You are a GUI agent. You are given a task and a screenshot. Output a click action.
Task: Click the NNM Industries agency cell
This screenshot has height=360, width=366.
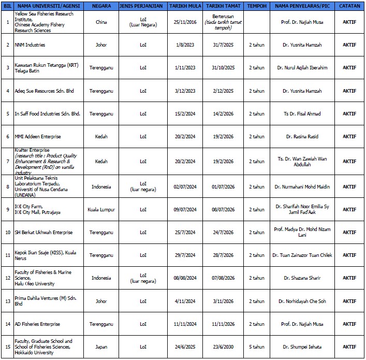30,45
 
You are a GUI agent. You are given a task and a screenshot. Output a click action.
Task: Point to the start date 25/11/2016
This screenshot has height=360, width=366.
185,22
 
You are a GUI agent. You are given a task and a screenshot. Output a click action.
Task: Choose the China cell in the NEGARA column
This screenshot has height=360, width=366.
101,22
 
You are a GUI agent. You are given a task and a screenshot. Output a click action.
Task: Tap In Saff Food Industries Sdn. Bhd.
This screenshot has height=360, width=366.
47,113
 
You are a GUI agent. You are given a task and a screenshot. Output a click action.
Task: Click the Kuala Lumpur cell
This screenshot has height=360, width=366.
101,209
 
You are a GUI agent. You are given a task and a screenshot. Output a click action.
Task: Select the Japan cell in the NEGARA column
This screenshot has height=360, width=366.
101,346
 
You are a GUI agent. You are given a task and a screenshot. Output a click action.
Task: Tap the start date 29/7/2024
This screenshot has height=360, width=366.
185,255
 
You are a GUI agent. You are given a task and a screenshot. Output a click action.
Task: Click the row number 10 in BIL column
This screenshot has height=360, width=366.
7,232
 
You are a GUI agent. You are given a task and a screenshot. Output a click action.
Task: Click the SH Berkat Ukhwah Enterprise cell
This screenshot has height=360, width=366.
43,232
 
